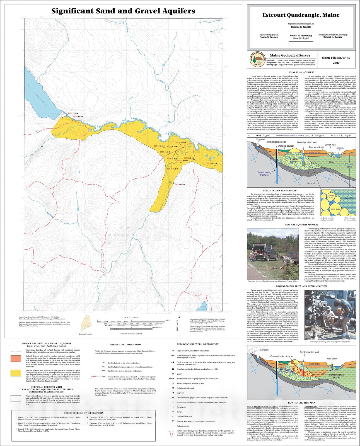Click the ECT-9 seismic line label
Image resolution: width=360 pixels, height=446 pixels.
(177, 185)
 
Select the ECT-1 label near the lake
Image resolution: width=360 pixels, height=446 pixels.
(70, 113)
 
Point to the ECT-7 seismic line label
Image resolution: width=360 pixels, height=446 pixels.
(156, 146)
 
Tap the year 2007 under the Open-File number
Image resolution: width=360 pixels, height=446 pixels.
(336, 63)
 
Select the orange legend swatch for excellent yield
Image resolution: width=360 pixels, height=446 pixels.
(16, 358)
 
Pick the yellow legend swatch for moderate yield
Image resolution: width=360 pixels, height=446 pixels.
(16, 373)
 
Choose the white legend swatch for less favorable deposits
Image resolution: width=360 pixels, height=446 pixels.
(16, 398)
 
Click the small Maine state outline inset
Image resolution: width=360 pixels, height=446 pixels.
(85, 323)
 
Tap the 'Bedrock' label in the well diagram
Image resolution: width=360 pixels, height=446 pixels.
(311, 183)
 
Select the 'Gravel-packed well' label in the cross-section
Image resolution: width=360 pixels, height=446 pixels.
(306, 142)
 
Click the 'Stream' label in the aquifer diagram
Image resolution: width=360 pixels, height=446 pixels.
(340, 148)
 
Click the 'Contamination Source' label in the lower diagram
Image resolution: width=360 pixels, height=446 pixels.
(281, 356)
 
